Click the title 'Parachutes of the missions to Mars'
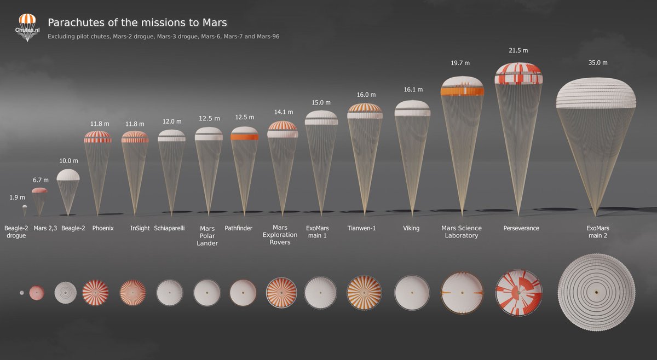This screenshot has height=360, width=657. [x=137, y=22]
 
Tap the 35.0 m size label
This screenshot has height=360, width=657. [x=597, y=63]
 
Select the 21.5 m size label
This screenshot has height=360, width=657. [x=518, y=50]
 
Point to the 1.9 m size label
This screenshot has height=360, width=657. [x=18, y=198]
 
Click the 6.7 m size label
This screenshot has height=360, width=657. [x=41, y=179]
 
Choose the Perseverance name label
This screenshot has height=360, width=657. [x=521, y=228]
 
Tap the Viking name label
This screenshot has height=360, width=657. [x=411, y=228]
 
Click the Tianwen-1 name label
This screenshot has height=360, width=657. [x=361, y=228]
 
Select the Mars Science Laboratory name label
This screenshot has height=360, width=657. [x=462, y=232]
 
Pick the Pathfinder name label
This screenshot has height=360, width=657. [x=238, y=228]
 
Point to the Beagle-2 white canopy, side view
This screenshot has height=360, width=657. [x=68, y=175]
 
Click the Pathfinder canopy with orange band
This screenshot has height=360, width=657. [x=244, y=134]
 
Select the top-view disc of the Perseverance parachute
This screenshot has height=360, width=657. [x=518, y=292]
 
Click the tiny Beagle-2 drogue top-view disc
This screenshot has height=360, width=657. [x=21, y=293]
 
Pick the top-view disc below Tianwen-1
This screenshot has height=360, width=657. [x=364, y=292]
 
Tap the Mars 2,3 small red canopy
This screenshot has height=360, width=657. [x=39, y=190]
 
